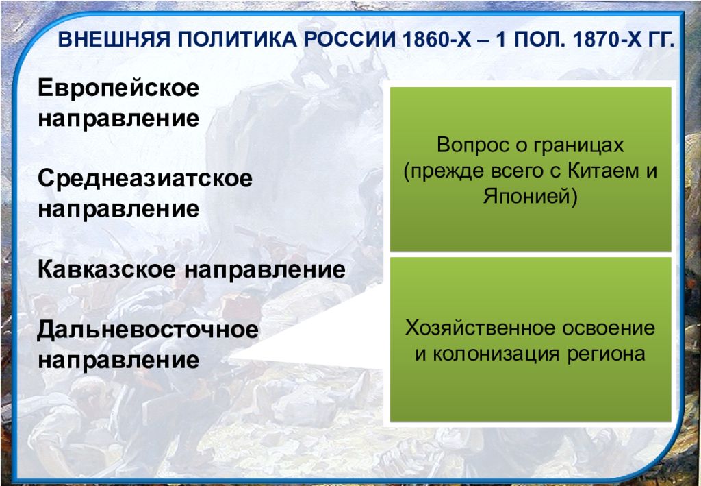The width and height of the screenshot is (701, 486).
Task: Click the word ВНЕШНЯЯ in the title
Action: [x=114, y=39]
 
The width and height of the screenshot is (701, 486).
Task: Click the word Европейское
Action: [x=118, y=88]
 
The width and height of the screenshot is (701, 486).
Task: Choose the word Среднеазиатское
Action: [x=145, y=178]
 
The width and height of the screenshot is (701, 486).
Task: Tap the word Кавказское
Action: [x=107, y=269]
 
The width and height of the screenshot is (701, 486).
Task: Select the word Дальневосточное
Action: [x=148, y=330]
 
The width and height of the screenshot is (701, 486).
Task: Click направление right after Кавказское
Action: [x=265, y=270]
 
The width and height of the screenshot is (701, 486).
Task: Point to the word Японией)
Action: [x=531, y=196]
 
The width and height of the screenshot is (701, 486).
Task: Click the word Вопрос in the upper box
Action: [x=466, y=145]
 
